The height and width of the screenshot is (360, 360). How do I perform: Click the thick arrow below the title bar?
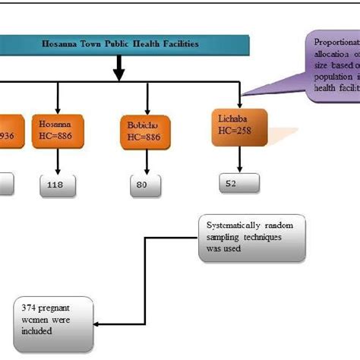point(118,70)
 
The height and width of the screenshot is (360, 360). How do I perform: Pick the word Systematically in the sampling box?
point(238,225)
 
